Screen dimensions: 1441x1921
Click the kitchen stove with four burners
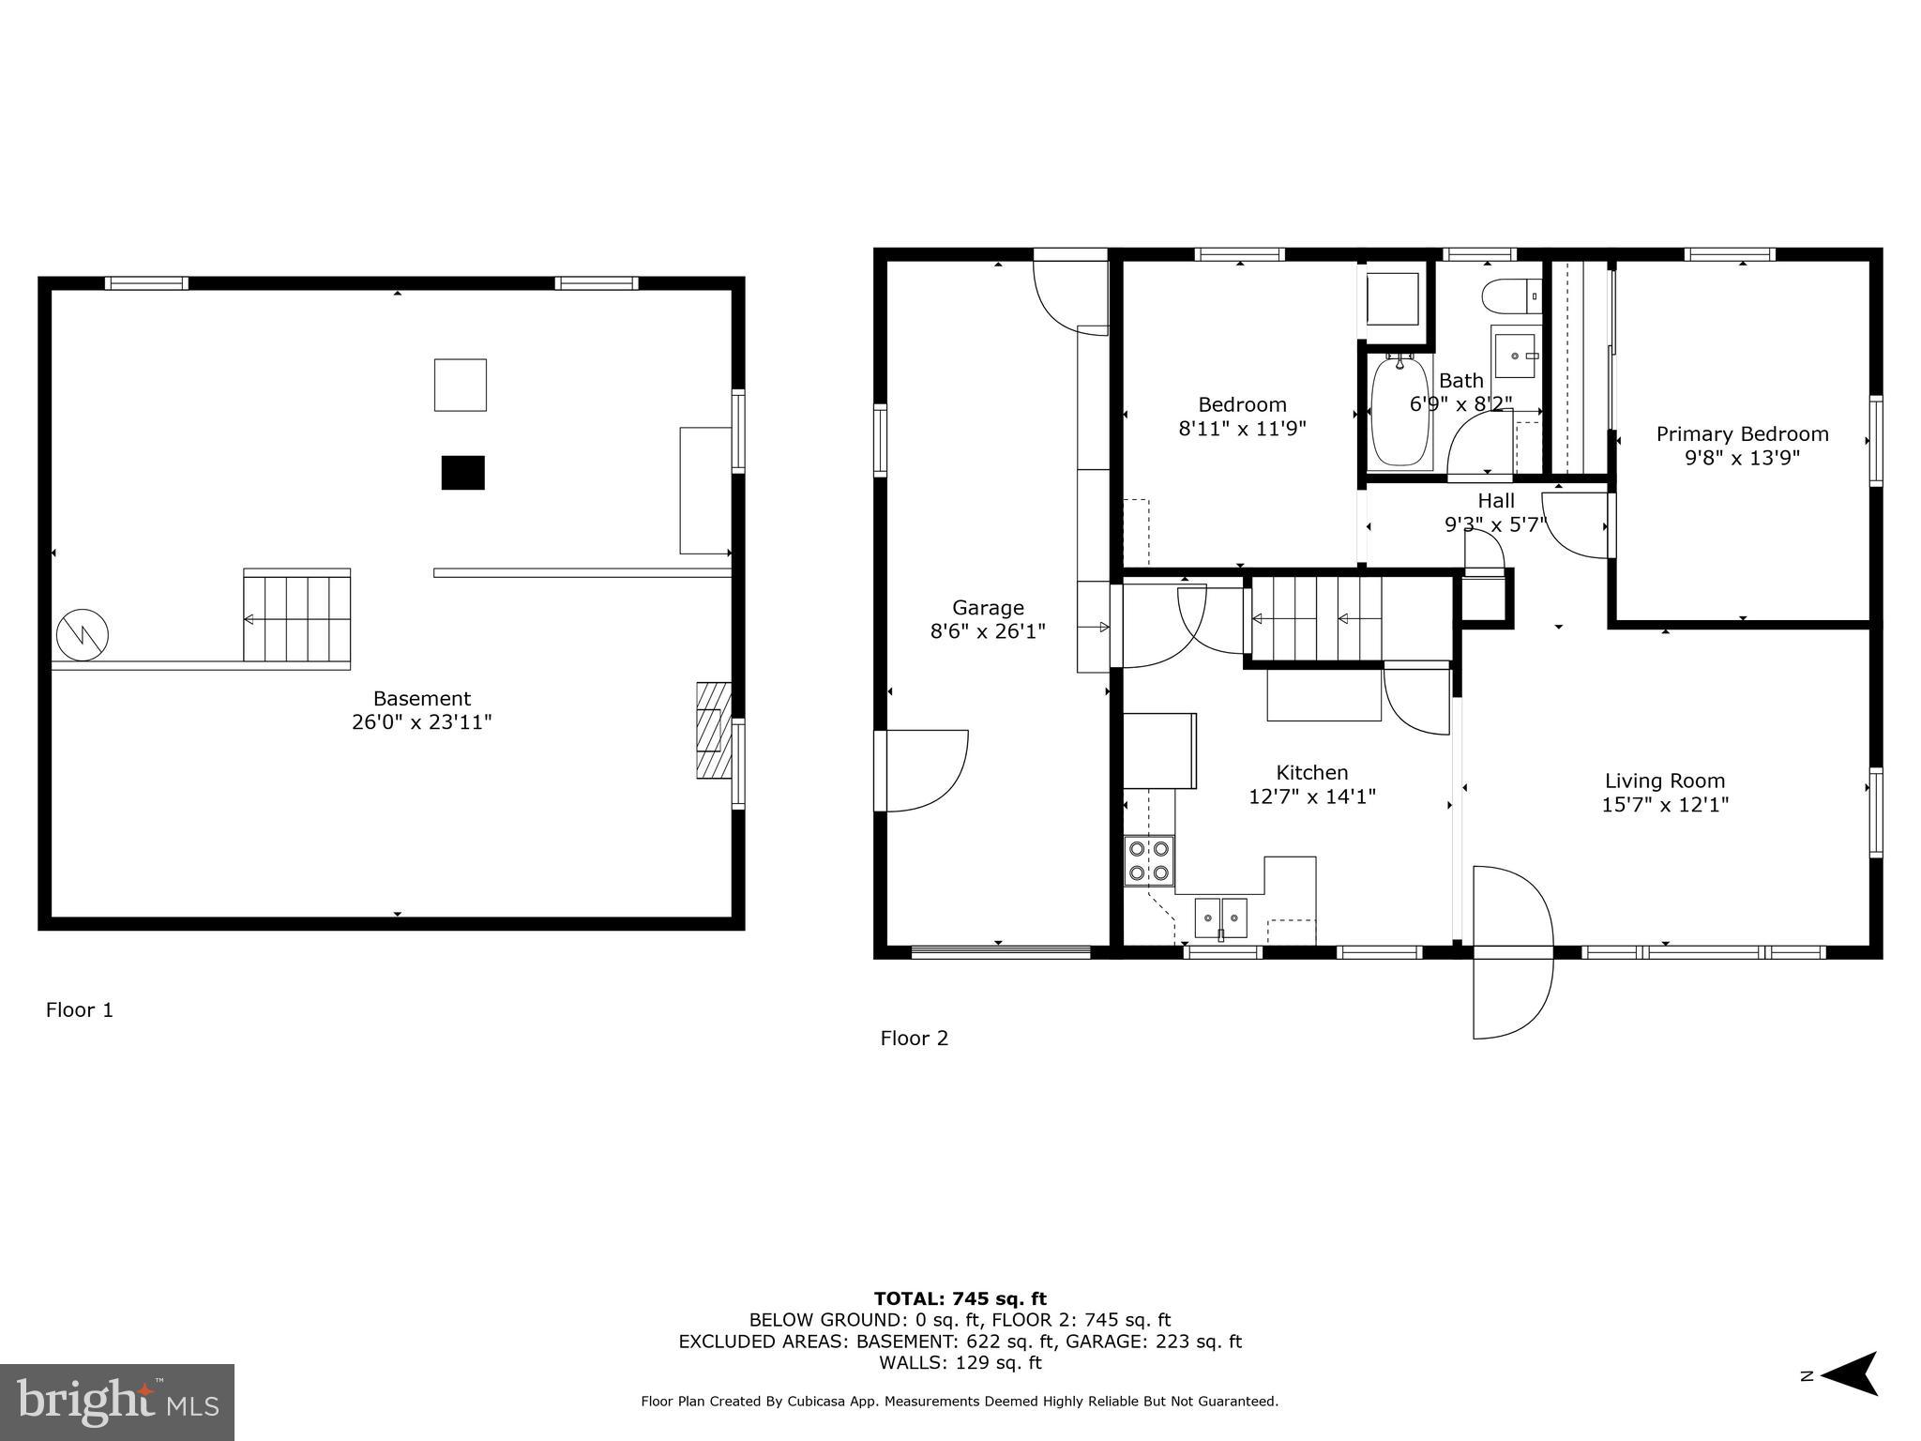point(1149,861)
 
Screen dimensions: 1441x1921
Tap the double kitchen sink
point(1220,918)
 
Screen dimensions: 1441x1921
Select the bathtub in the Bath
point(1400,413)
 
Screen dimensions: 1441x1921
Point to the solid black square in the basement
point(462,473)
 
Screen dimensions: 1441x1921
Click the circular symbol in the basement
point(83,635)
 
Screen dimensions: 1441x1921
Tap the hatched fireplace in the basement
point(713,730)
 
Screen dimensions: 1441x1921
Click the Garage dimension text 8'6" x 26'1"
point(987,631)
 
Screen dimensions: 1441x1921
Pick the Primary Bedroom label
point(1742,434)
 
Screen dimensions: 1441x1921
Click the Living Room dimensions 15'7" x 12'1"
point(1665,805)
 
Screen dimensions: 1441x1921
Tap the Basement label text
point(421,698)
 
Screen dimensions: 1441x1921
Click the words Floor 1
point(80,1010)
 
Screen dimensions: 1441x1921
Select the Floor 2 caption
point(914,1039)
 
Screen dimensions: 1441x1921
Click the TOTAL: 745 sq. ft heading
point(960,1299)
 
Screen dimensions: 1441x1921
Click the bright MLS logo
point(117,1402)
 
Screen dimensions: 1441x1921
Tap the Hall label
point(1496,500)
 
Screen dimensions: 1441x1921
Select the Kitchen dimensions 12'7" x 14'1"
point(1311,796)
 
